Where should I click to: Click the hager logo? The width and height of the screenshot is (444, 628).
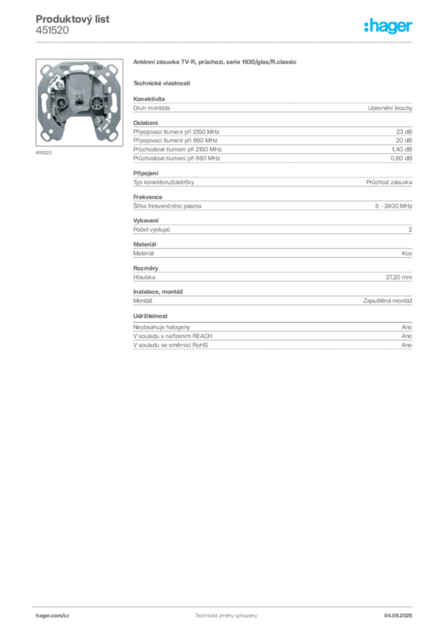click(388, 26)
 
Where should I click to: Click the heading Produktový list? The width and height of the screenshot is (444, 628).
click(72, 19)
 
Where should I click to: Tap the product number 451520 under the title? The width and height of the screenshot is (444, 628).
click(52, 31)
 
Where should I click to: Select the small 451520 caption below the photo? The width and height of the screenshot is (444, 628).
click(44, 153)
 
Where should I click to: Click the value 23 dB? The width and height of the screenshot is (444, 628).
click(404, 132)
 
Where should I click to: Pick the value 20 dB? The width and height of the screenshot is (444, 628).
click(404, 140)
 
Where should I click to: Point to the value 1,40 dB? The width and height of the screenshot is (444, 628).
click(402, 150)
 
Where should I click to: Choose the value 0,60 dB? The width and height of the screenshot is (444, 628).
click(402, 158)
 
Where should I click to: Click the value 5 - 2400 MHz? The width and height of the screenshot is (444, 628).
click(394, 206)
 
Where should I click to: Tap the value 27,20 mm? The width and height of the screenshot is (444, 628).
click(399, 277)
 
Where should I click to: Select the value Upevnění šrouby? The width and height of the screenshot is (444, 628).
click(390, 108)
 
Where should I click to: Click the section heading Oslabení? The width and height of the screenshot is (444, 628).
click(146, 123)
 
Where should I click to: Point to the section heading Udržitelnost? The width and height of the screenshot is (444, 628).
click(150, 316)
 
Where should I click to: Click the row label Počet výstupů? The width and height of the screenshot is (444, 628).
click(151, 230)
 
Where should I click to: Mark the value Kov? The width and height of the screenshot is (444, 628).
click(407, 253)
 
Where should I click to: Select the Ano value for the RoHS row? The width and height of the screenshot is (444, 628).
click(407, 345)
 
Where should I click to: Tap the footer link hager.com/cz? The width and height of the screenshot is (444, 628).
click(53, 616)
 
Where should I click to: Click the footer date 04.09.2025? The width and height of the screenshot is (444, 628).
click(398, 616)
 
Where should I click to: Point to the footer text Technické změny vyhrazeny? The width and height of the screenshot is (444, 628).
click(226, 616)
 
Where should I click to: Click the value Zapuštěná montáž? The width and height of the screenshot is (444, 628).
click(388, 301)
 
